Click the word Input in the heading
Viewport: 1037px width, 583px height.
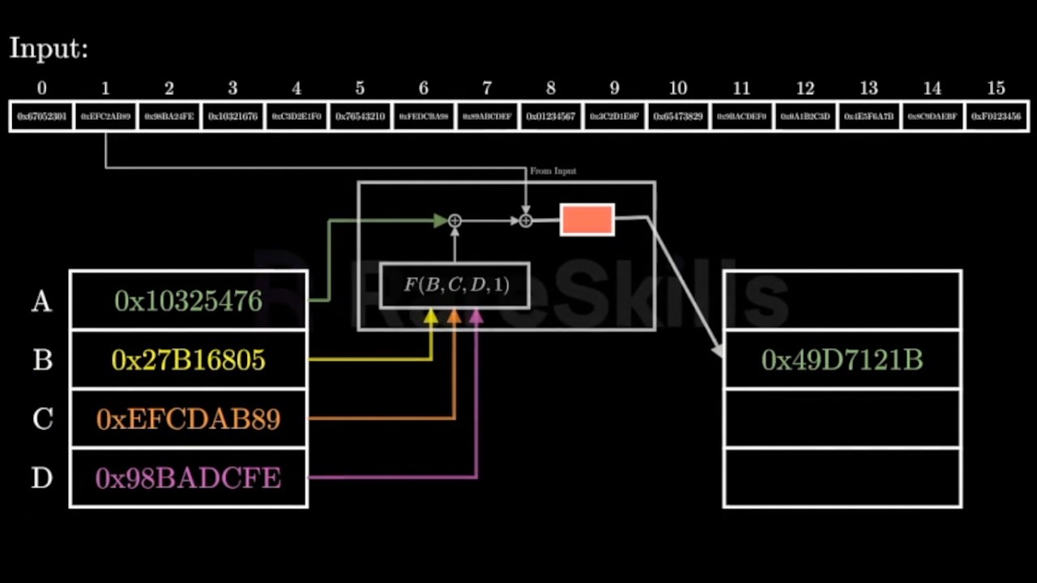point(47,49)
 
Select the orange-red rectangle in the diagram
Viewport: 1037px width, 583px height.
point(587,220)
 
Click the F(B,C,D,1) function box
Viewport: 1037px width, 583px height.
point(455,285)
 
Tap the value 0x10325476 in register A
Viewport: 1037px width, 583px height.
point(188,301)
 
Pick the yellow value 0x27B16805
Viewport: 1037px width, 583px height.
point(188,360)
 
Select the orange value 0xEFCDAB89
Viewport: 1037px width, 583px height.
point(188,419)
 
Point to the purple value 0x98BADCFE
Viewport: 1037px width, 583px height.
point(188,479)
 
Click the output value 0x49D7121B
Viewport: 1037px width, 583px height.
point(842,360)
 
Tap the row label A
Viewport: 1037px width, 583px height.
point(41,302)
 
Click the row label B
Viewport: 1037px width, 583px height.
point(42,360)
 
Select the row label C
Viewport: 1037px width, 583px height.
point(42,419)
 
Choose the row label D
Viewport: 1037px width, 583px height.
point(42,479)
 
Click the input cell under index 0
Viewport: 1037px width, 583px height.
point(41,117)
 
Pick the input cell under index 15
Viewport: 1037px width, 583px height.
point(996,117)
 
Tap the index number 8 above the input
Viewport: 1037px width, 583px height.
point(551,88)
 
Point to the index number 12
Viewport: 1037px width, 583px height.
point(805,88)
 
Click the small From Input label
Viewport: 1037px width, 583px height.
point(553,172)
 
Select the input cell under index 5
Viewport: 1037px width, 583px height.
point(360,117)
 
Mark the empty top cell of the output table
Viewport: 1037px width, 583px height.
point(842,300)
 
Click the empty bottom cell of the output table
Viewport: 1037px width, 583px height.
point(842,478)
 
